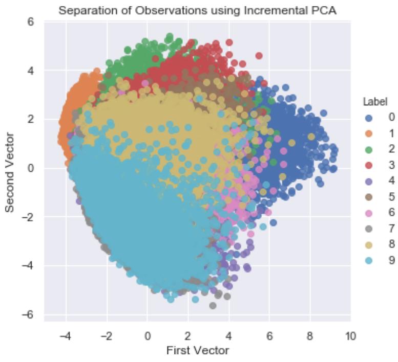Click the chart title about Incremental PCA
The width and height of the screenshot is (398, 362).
[197, 10]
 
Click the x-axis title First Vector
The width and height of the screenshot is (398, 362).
[197, 351]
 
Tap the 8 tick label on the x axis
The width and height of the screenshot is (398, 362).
[310, 336]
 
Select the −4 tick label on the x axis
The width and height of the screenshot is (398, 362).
[65, 336]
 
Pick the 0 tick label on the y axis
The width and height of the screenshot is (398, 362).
[31, 168]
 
